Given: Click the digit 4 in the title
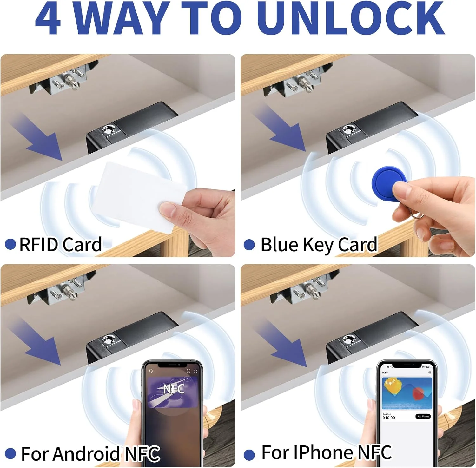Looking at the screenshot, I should (x=48, y=18).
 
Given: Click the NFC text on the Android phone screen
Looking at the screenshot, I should (x=174, y=388).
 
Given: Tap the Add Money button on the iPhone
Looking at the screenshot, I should (x=423, y=416).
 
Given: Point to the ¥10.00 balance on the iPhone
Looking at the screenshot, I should (x=389, y=418).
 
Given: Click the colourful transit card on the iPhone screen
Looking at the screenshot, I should (x=407, y=393).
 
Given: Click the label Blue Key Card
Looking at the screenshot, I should (x=319, y=245).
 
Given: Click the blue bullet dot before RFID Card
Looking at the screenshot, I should (x=10, y=244).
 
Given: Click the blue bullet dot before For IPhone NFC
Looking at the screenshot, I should (x=249, y=454).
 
